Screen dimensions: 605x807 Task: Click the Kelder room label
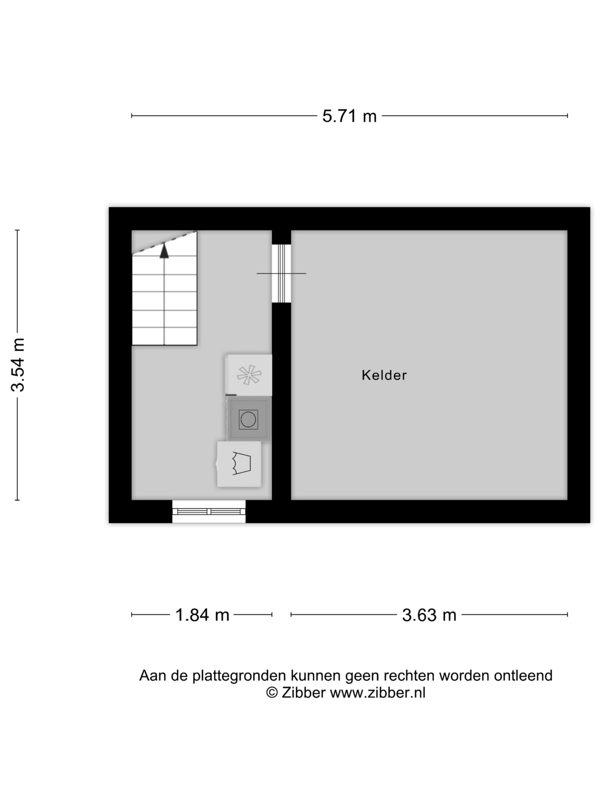[384, 375]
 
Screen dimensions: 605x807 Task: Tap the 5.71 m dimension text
[349, 116]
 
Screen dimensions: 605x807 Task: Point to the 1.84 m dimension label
[202, 615]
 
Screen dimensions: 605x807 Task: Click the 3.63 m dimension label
[429, 615]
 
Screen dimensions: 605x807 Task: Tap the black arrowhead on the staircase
[164, 251]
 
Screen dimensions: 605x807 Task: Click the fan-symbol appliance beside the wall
[249, 375]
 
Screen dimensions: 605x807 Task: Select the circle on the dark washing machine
[248, 419]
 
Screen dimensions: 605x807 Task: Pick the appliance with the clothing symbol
[239, 464]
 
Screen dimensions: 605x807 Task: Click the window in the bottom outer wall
[209, 512]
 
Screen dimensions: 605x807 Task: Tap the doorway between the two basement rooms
[281, 273]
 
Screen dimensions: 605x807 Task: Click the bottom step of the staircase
[164, 336]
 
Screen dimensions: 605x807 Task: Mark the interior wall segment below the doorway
[281, 401]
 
